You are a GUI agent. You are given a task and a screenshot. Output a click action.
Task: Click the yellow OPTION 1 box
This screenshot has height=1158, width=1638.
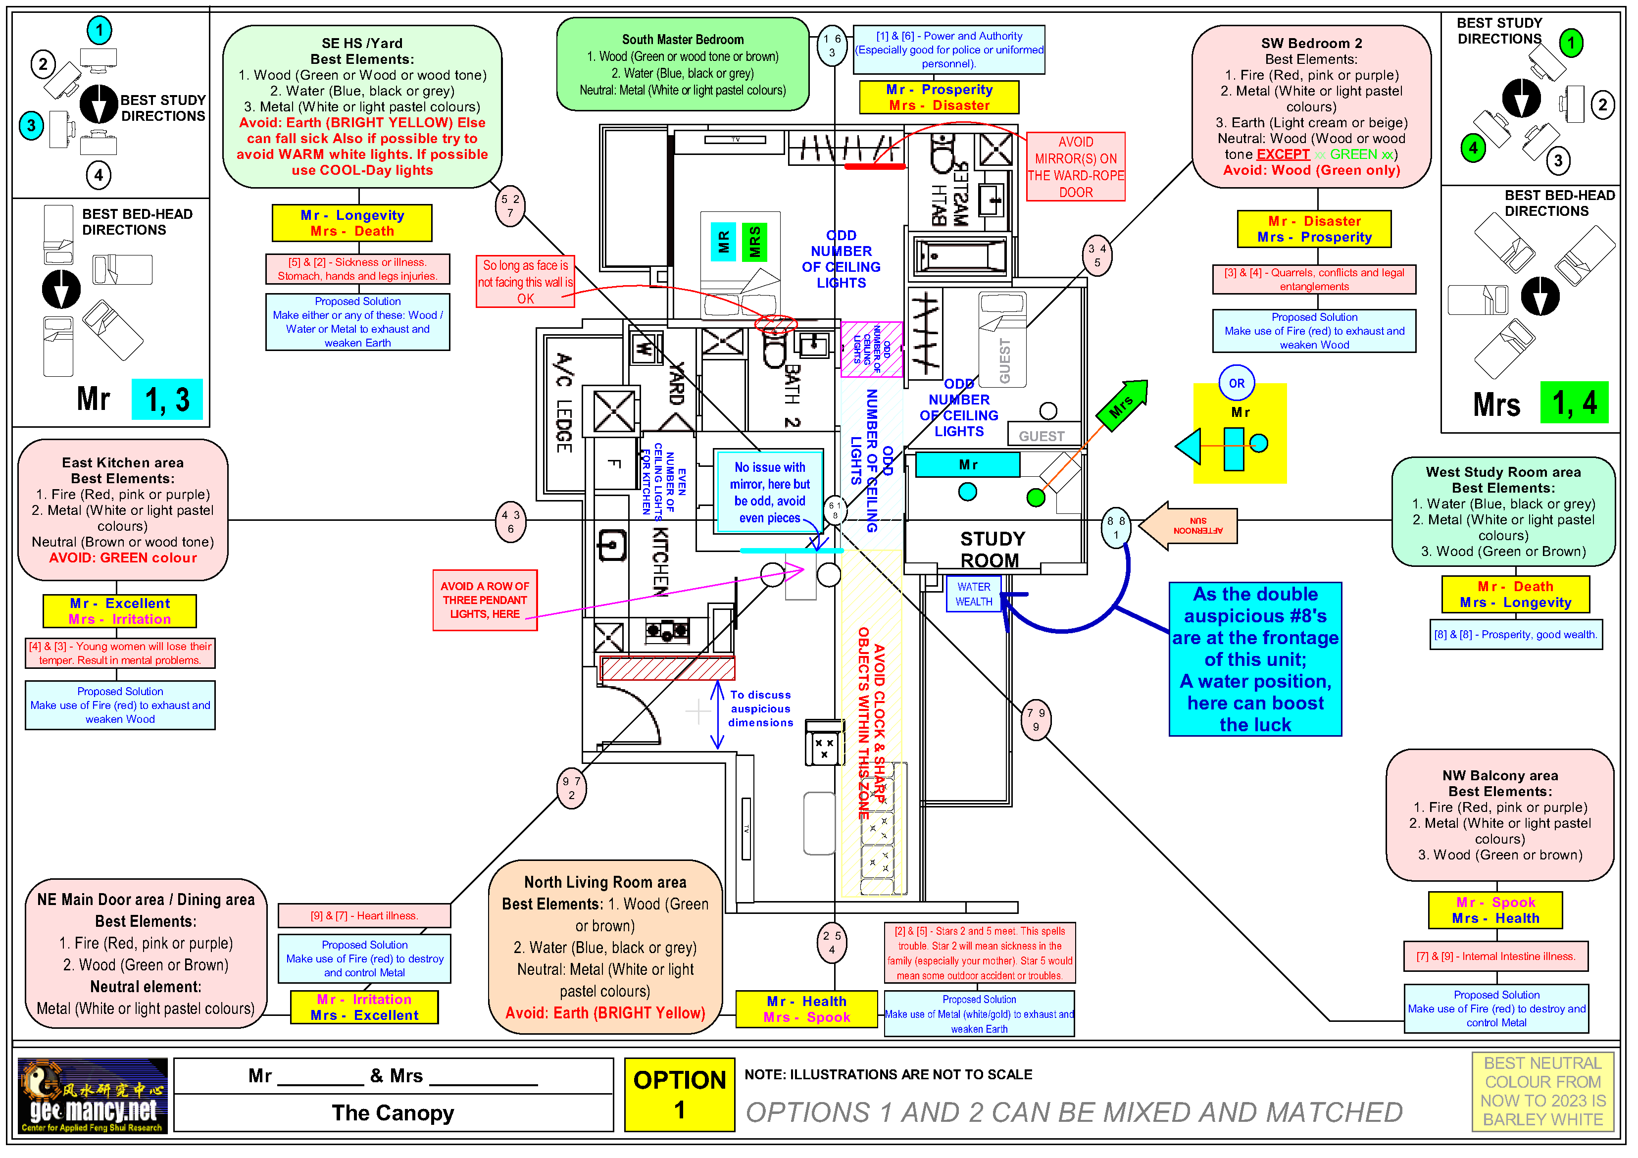679,1095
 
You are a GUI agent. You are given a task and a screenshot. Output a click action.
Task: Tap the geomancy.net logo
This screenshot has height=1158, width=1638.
93,1095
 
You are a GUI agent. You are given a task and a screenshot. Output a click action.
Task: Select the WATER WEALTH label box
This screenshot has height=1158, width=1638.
973,594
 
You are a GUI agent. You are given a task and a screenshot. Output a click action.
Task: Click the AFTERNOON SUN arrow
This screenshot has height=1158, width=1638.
1189,526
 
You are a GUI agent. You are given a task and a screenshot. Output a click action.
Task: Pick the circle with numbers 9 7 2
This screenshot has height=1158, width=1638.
571,788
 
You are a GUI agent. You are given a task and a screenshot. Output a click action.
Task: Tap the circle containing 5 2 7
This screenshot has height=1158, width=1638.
510,205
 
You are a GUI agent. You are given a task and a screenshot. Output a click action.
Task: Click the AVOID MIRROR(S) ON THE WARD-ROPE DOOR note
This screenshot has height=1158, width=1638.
1075,167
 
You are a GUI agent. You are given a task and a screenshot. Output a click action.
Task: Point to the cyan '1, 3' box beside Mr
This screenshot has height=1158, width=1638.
167,400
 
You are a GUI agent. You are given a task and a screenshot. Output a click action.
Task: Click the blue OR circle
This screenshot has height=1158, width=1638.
1237,383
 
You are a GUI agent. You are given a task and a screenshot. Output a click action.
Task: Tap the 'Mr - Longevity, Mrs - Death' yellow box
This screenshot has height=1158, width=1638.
352,223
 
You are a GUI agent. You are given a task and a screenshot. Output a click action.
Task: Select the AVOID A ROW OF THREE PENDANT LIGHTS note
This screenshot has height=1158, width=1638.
485,600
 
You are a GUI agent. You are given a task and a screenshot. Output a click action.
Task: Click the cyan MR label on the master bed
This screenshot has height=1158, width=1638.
723,242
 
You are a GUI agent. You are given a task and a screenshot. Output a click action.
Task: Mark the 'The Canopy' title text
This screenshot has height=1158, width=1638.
393,1112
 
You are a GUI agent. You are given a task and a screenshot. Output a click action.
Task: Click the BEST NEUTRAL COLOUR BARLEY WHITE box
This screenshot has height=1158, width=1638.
1542,1091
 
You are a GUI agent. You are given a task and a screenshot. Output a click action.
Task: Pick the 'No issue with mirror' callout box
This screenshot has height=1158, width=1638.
770,492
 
